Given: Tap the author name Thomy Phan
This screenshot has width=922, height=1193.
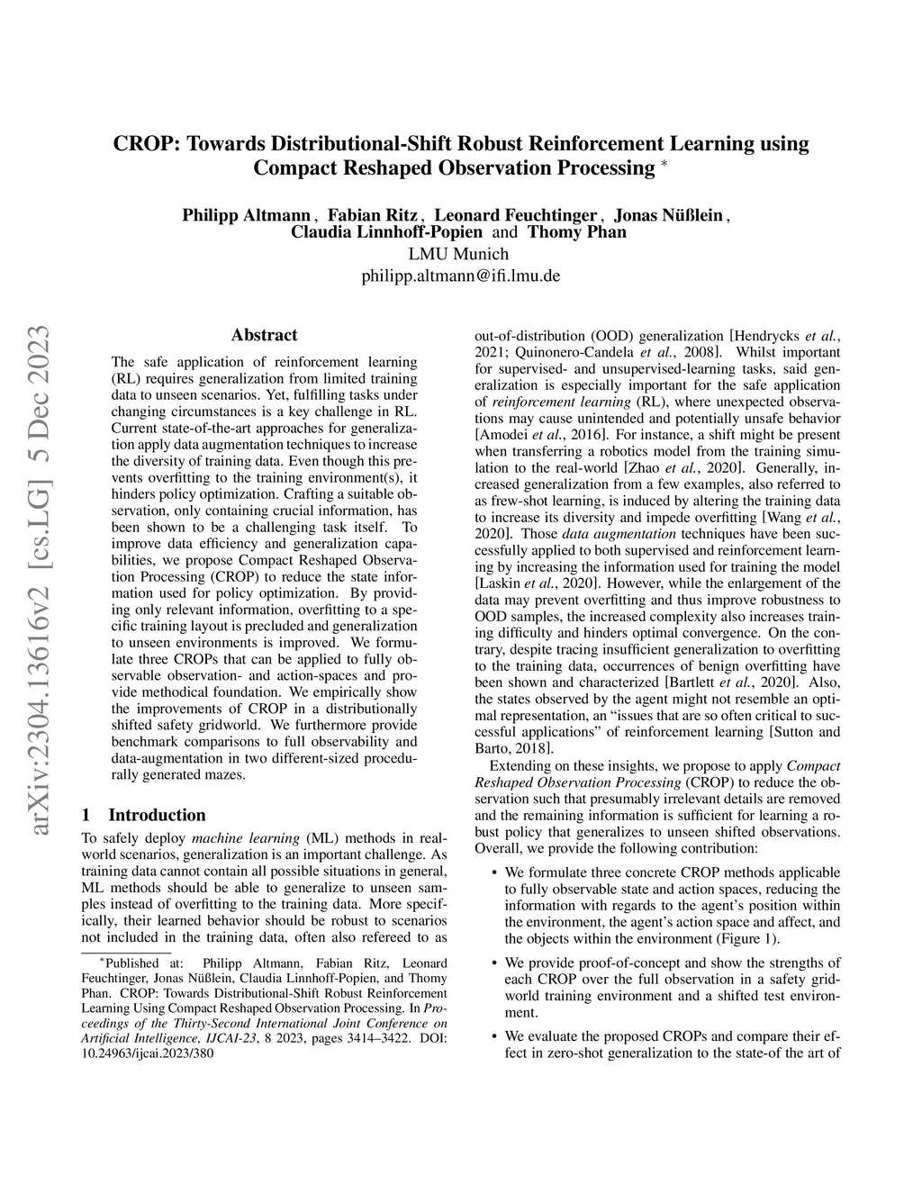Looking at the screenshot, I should (576, 232).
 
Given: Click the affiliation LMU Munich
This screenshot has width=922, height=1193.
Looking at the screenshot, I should (459, 254).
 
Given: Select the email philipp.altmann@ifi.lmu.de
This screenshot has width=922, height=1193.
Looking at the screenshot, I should (460, 276).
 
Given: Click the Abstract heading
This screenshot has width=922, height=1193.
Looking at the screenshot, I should (264, 335).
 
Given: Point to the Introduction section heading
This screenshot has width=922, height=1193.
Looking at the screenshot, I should (157, 815).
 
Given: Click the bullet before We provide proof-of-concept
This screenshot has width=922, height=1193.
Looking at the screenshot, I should (493, 963).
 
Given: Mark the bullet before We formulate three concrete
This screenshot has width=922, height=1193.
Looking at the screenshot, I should (493, 872).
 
